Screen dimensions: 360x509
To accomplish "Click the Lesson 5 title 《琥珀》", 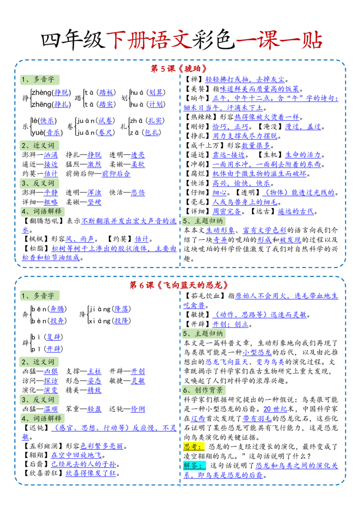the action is click(192, 69).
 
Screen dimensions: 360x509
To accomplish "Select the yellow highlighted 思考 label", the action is click(193, 446).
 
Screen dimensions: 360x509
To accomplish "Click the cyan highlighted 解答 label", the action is click(194, 465).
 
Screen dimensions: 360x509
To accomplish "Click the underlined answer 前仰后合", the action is click(116, 174).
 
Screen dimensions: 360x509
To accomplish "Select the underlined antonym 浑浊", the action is click(94, 192).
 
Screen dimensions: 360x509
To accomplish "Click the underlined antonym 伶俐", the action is click(138, 409).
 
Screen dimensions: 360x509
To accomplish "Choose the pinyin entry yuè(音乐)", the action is click(47, 133).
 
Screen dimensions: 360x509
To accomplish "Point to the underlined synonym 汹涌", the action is click(51, 155).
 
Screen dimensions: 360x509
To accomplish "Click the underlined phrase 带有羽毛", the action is click(257, 419).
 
